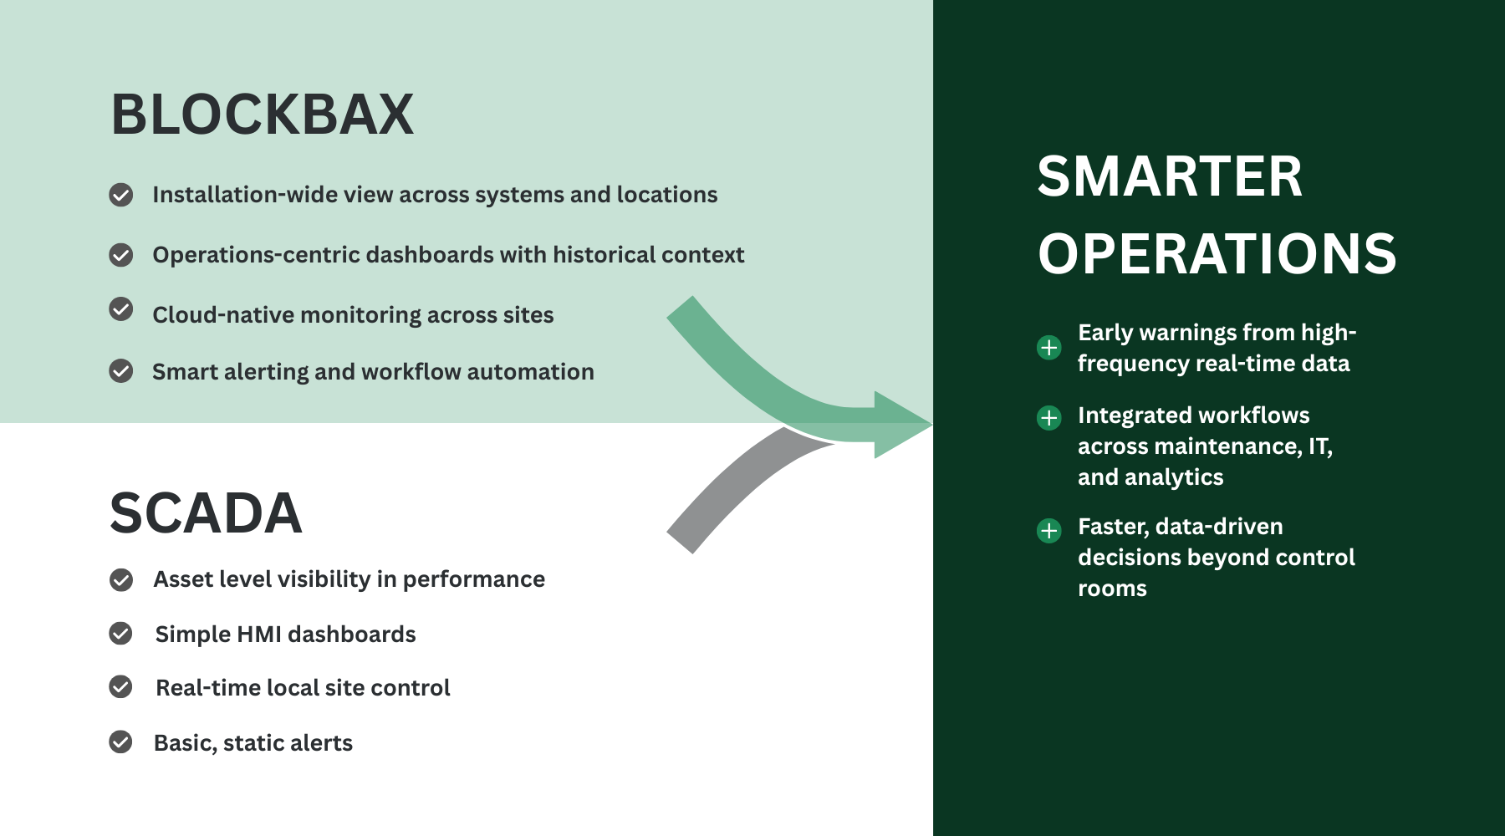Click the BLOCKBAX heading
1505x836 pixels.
[x=263, y=115]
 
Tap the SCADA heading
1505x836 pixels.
[x=206, y=513]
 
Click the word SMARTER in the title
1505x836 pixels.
[x=1170, y=176]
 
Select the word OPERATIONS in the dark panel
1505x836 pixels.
[x=1217, y=254]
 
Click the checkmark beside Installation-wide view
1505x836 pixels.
[x=121, y=195]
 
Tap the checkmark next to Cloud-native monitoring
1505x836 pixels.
[x=121, y=309]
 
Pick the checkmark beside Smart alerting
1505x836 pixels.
[x=121, y=370]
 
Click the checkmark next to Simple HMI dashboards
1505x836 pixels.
[x=121, y=634]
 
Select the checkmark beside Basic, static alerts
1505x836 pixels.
[x=121, y=742]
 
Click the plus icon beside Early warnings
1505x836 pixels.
[x=1048, y=347]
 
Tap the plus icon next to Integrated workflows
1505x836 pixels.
[x=1048, y=417]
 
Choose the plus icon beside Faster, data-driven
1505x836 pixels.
[x=1048, y=530]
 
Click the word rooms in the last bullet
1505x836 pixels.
[x=1112, y=589]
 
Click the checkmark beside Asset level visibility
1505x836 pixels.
[x=121, y=579]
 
